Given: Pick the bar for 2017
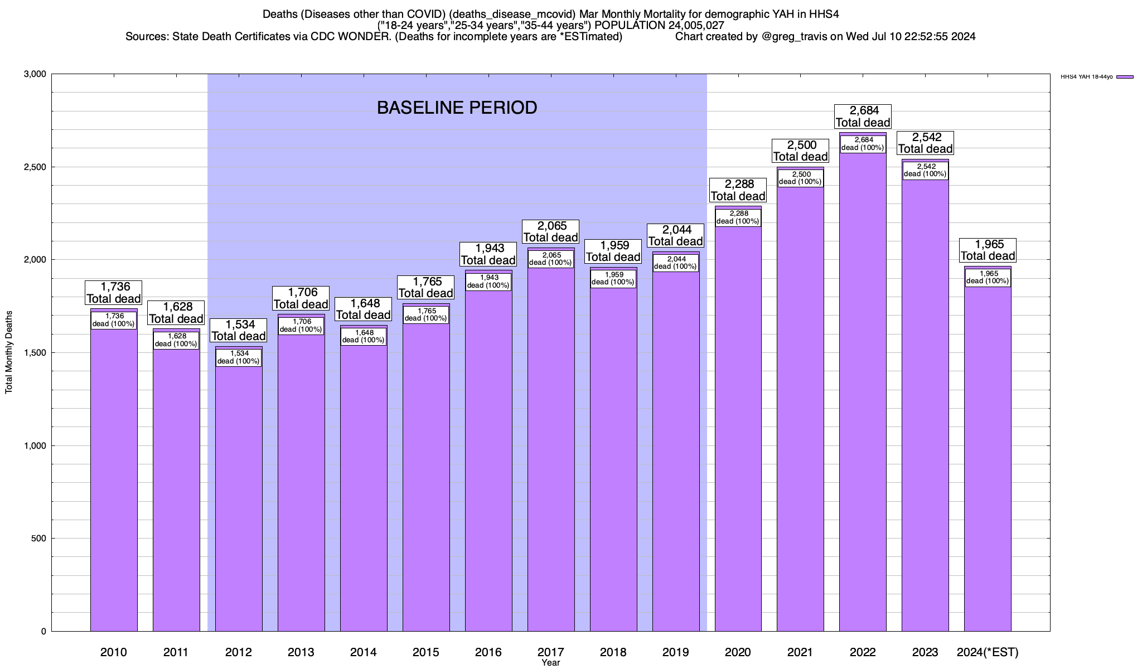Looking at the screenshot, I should (551, 446).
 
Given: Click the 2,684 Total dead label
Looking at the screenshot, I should (863, 117).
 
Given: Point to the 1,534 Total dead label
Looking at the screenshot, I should (239, 330).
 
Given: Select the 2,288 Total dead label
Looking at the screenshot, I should (738, 190).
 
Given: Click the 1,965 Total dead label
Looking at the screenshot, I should (988, 250).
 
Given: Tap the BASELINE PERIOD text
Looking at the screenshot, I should (457, 108).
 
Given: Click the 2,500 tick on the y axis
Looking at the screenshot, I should (36, 167).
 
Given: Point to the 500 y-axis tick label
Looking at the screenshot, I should (39, 539).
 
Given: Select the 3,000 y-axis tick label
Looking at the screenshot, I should (36, 74).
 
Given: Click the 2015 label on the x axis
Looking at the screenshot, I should (426, 652).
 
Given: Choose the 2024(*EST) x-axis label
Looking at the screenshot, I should (988, 652).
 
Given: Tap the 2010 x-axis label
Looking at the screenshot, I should (114, 652).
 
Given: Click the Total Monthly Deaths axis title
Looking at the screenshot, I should (9, 352).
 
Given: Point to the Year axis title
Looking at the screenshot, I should (550, 663).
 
